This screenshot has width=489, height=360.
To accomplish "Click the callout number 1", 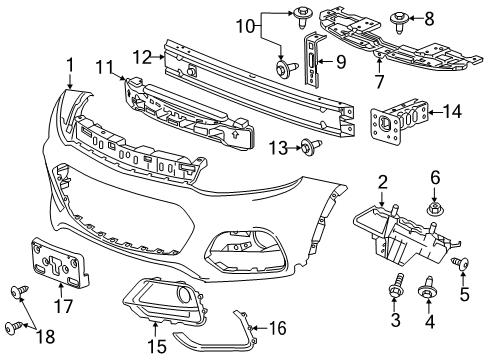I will click(70, 67).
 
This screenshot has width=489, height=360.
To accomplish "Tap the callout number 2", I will click(382, 182).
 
